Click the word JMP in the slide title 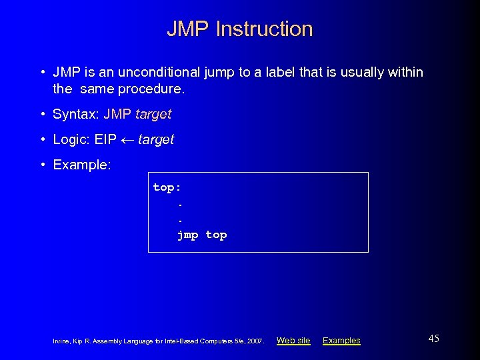(x=188, y=29)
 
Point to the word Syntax (x=75, y=114)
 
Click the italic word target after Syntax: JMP (x=153, y=114)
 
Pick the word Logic (x=70, y=139)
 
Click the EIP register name (x=105, y=139)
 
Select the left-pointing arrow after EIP (x=127, y=139)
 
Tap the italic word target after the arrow (x=156, y=139)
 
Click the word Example (x=81, y=165)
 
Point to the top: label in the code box (x=167, y=187)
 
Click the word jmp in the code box (x=188, y=235)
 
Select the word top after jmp (x=216, y=235)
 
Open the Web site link (x=293, y=341)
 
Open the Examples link (x=341, y=341)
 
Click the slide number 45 (x=433, y=339)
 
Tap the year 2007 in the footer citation (x=255, y=341)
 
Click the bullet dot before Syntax (x=42, y=114)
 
